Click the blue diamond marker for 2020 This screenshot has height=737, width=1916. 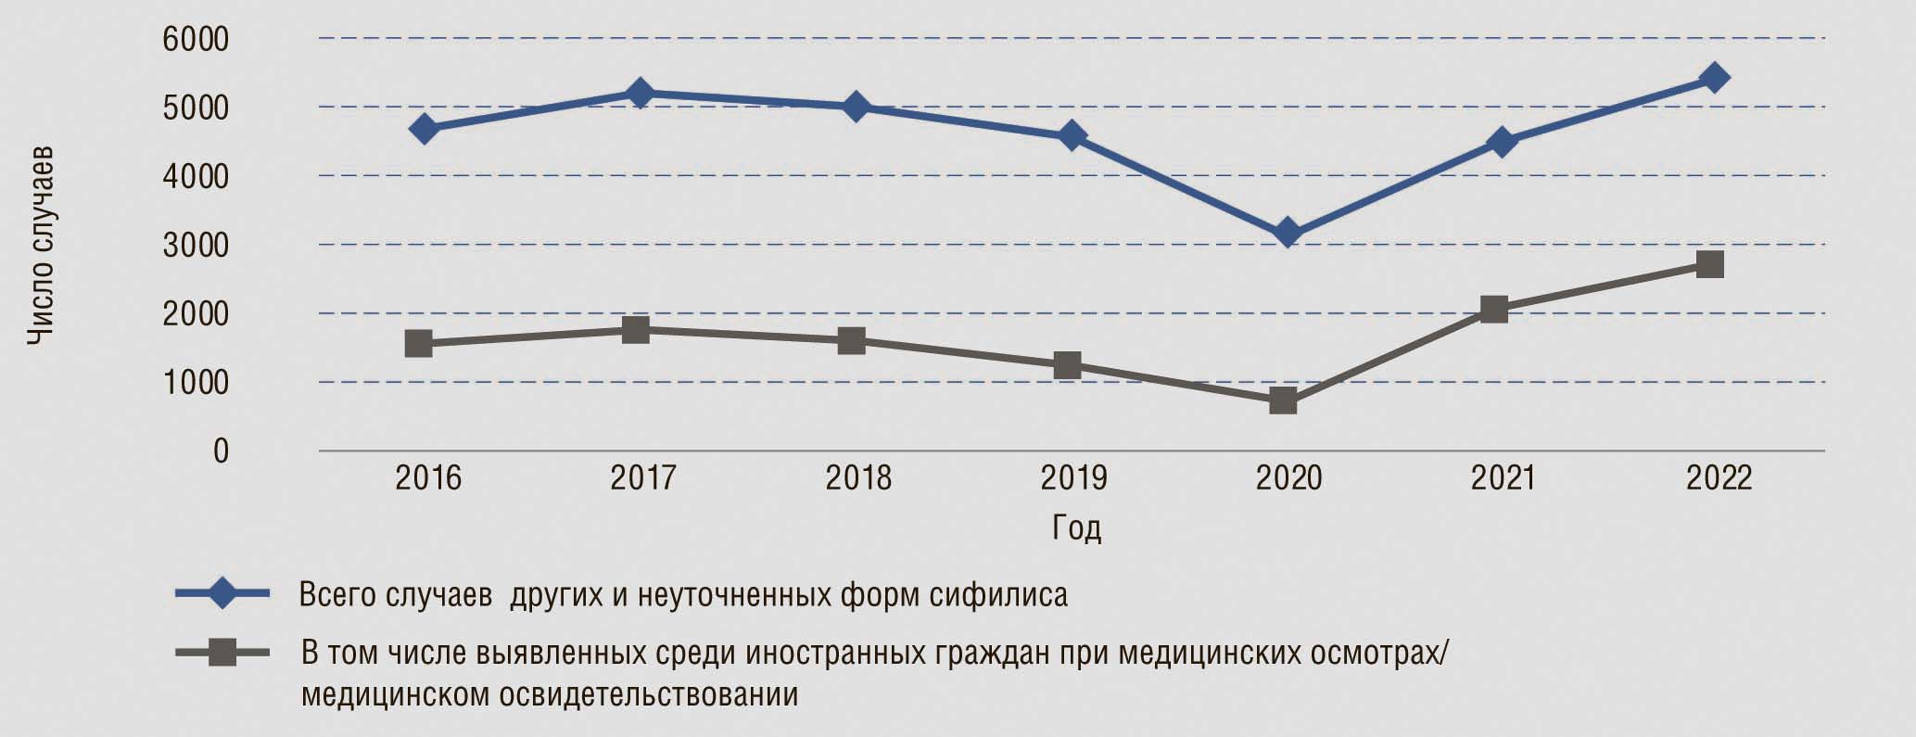pyautogui.click(x=1287, y=233)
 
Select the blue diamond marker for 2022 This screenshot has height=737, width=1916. pyautogui.click(x=1714, y=77)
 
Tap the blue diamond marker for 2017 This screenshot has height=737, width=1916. pyautogui.click(x=640, y=93)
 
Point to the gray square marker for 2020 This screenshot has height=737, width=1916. pyautogui.click(x=1283, y=400)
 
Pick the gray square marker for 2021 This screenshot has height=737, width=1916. pyautogui.click(x=1494, y=309)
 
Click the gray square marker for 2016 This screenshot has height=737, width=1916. pyautogui.click(x=419, y=343)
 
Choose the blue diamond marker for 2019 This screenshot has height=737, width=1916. pyautogui.click(x=1072, y=136)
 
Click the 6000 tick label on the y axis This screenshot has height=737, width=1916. pyautogui.click(x=196, y=40)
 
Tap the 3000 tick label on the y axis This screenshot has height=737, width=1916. pyautogui.click(x=196, y=246)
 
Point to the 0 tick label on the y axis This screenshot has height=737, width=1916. pyautogui.click(x=221, y=451)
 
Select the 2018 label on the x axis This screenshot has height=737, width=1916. pyautogui.click(x=858, y=478)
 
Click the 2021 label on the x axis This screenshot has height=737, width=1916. pyautogui.click(x=1504, y=478)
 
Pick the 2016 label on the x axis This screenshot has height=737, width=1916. pyautogui.click(x=428, y=478)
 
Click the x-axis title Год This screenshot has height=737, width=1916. pyautogui.click(x=1076, y=527)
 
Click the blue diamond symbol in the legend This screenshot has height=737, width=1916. pyautogui.click(x=222, y=593)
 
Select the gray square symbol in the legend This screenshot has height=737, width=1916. pyautogui.click(x=222, y=654)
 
